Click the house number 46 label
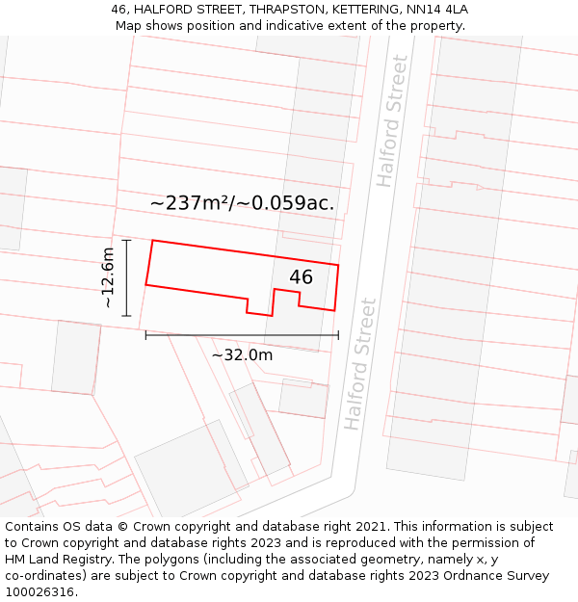[302, 277]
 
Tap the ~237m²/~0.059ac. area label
[242, 203]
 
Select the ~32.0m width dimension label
[242, 354]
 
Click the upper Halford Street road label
[392, 121]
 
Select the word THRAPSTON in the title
[282, 10]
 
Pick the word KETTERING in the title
[363, 10]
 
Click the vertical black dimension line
[126, 277]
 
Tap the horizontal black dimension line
[242, 335]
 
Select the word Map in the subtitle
[128, 25]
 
